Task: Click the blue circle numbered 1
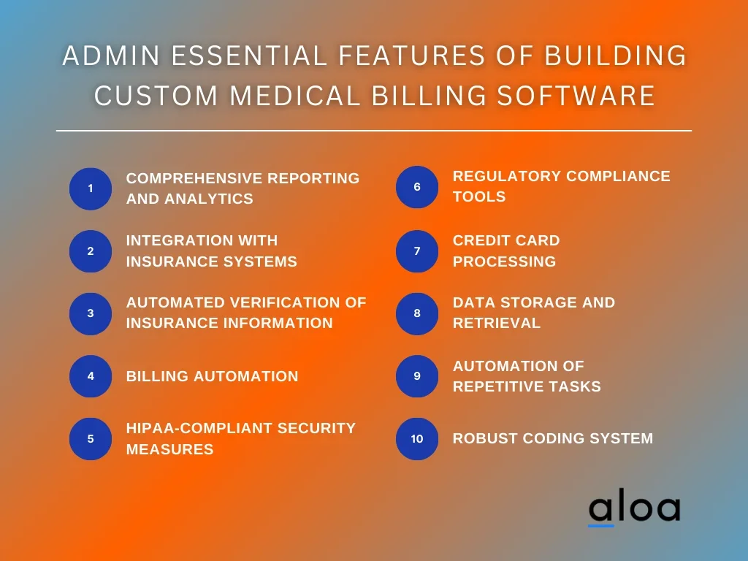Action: point(91,189)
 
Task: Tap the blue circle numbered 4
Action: point(91,376)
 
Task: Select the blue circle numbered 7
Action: point(417,251)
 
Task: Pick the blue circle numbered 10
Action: point(417,439)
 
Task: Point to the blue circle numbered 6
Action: point(417,187)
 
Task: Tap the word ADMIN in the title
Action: point(111,56)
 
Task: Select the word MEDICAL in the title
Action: point(295,96)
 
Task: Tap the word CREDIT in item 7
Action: point(479,240)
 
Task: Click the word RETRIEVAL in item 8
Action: point(497,323)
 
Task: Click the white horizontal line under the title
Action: point(374,130)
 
